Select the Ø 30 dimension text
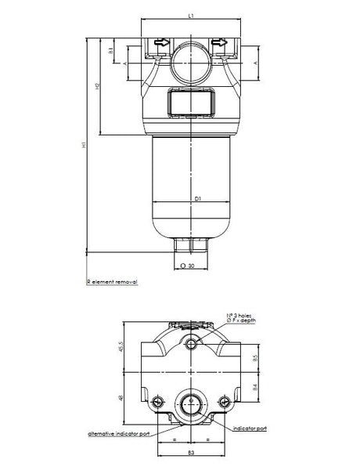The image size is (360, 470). click(188, 266)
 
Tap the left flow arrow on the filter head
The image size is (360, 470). click(161, 45)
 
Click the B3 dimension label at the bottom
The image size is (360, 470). click(191, 454)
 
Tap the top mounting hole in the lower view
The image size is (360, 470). click(192, 343)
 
